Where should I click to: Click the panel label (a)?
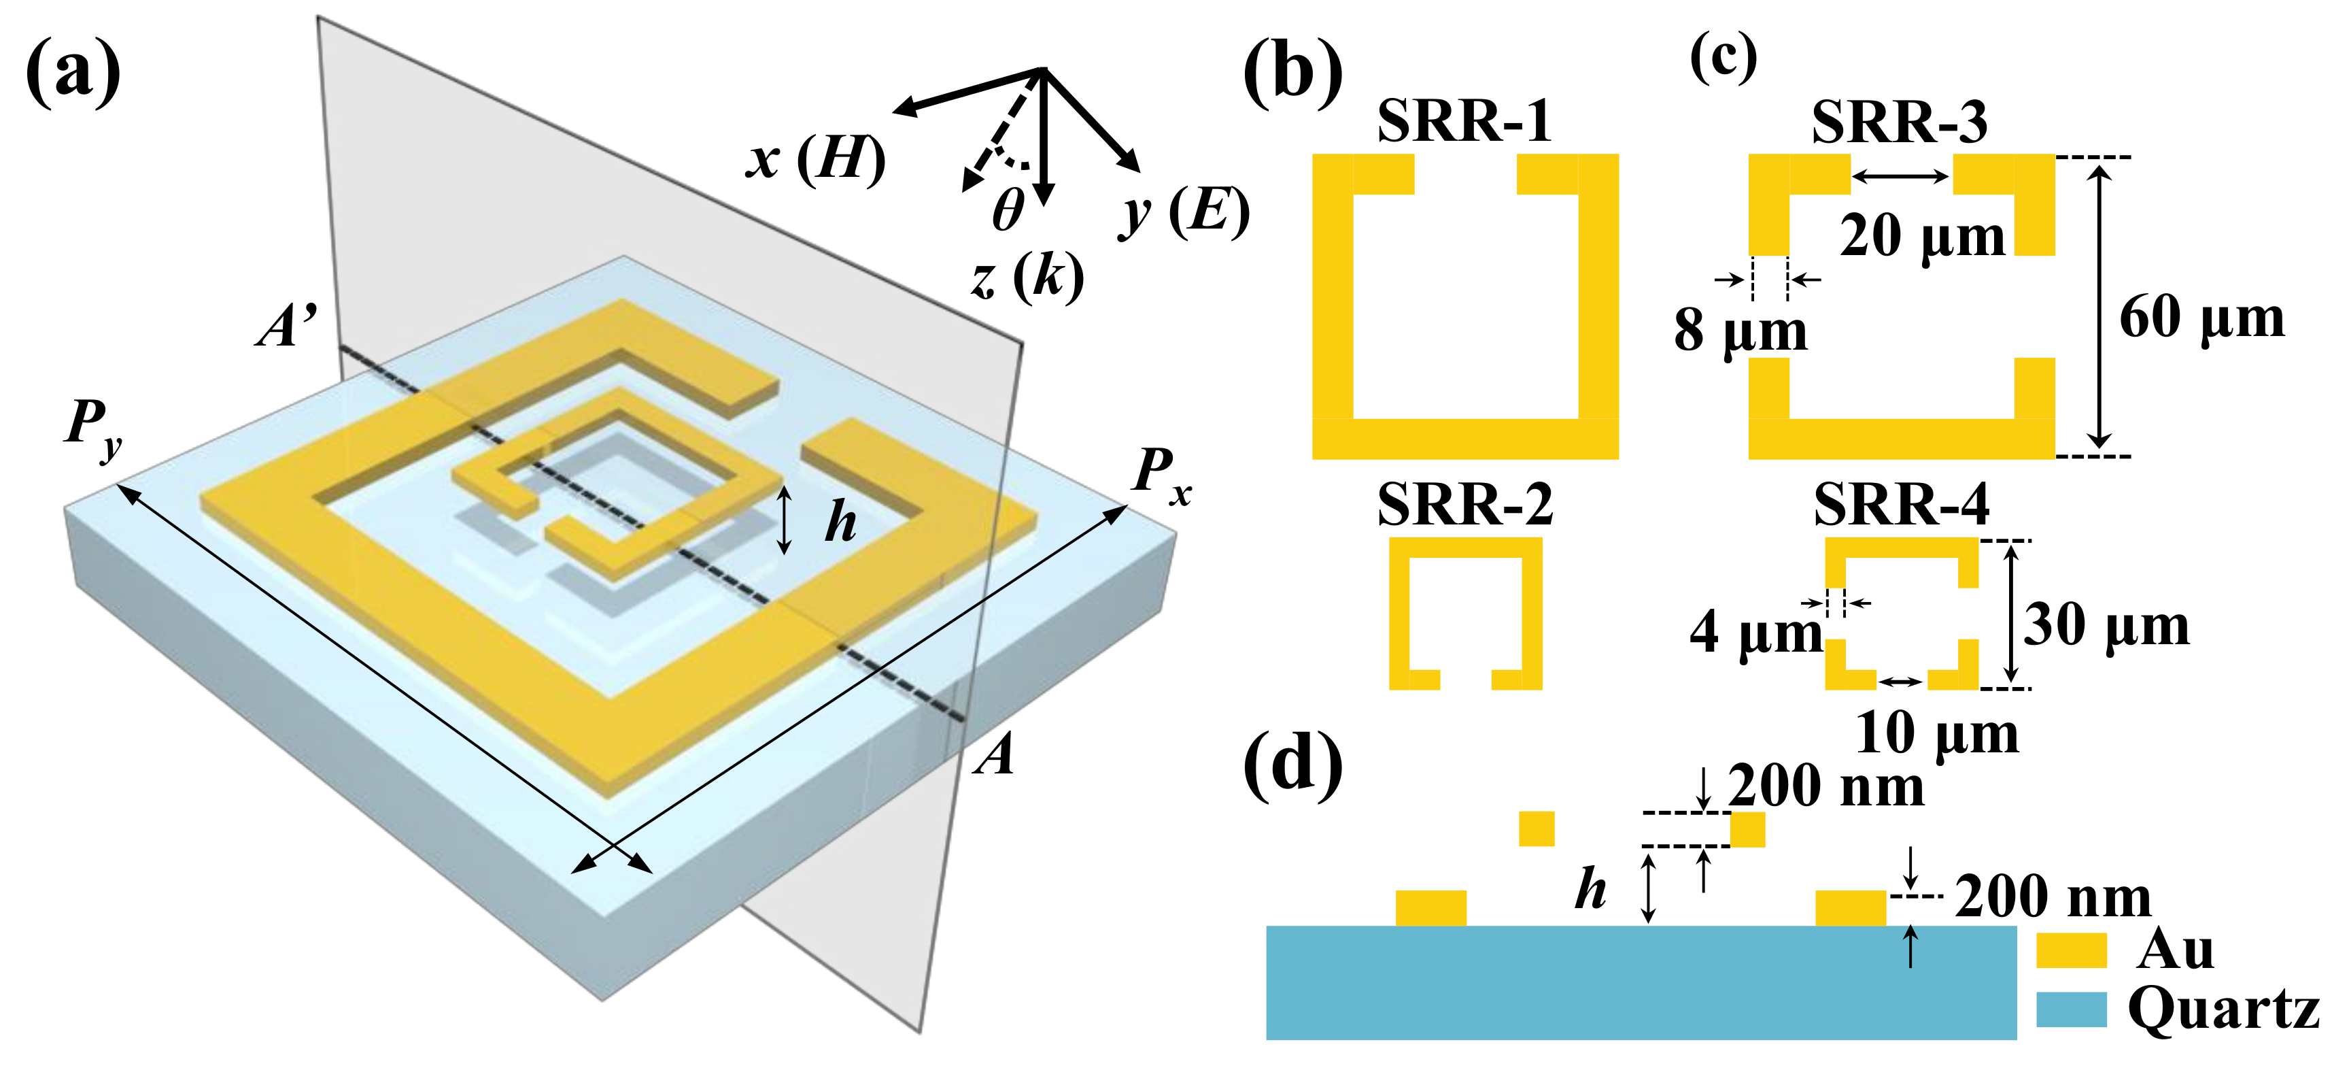(73, 71)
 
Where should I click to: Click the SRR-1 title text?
(1464, 120)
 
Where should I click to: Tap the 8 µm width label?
(1740, 330)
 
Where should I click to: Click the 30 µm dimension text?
(2106, 626)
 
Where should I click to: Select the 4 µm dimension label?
(1755, 631)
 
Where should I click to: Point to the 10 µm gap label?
(1937, 733)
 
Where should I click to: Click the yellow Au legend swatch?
(2071, 950)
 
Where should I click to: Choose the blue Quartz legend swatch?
(2071, 1009)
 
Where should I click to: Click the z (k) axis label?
(1027, 276)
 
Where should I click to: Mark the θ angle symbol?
(1008, 210)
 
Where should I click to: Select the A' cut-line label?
(286, 327)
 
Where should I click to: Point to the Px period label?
(1161, 474)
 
